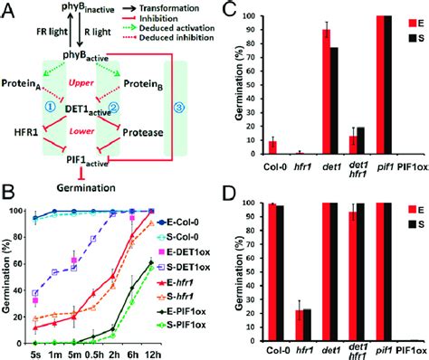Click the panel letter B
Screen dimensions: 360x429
8,192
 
